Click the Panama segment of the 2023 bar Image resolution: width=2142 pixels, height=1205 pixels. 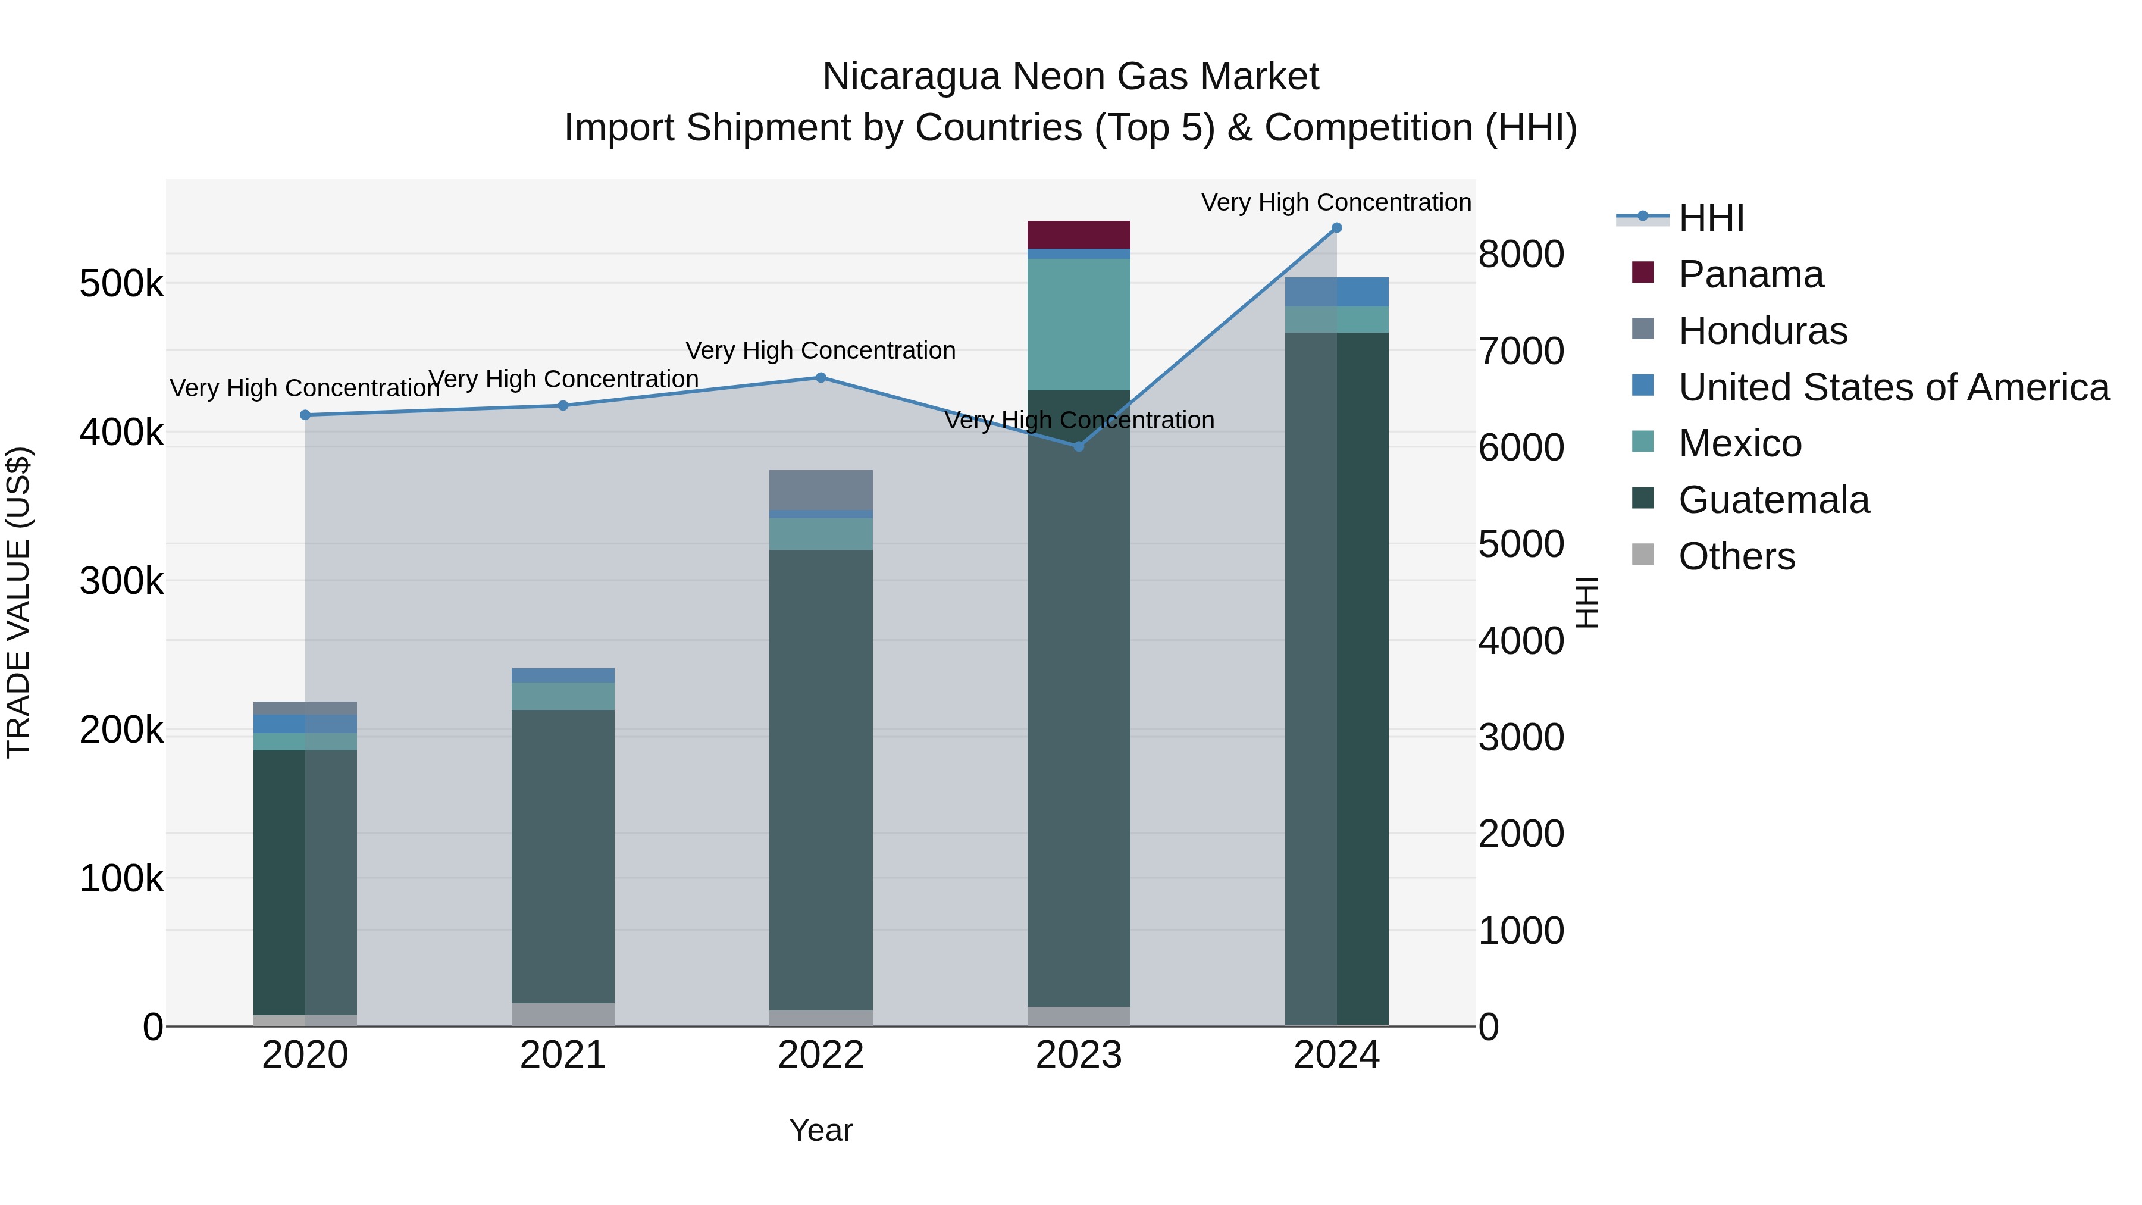coord(1079,234)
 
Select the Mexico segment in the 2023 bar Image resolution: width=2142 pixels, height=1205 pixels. coord(1079,324)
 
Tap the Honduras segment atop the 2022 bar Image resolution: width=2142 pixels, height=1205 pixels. coord(821,490)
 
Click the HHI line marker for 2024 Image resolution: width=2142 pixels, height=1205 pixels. coord(1336,228)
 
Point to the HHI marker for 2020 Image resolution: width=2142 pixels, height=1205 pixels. coord(305,415)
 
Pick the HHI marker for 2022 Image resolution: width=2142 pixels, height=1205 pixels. coord(821,377)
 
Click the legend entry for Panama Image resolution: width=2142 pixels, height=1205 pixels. coord(1750,274)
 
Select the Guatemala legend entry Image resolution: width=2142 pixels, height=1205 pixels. coord(1773,500)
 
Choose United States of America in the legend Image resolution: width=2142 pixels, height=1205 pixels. coord(1893,387)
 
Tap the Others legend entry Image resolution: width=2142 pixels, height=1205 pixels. coord(1736,556)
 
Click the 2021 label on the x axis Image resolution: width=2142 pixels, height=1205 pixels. coord(563,1055)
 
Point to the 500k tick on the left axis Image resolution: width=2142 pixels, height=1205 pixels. coord(121,284)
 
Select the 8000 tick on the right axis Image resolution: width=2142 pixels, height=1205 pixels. coord(1521,255)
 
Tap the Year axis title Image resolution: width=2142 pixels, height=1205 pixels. coord(821,1130)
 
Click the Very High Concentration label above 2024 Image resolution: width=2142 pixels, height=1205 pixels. coord(1336,202)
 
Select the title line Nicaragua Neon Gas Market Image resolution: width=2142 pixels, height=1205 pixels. coord(1070,77)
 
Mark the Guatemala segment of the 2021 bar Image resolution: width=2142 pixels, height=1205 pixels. coord(563,856)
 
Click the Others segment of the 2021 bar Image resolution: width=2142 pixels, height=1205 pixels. coord(563,1015)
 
